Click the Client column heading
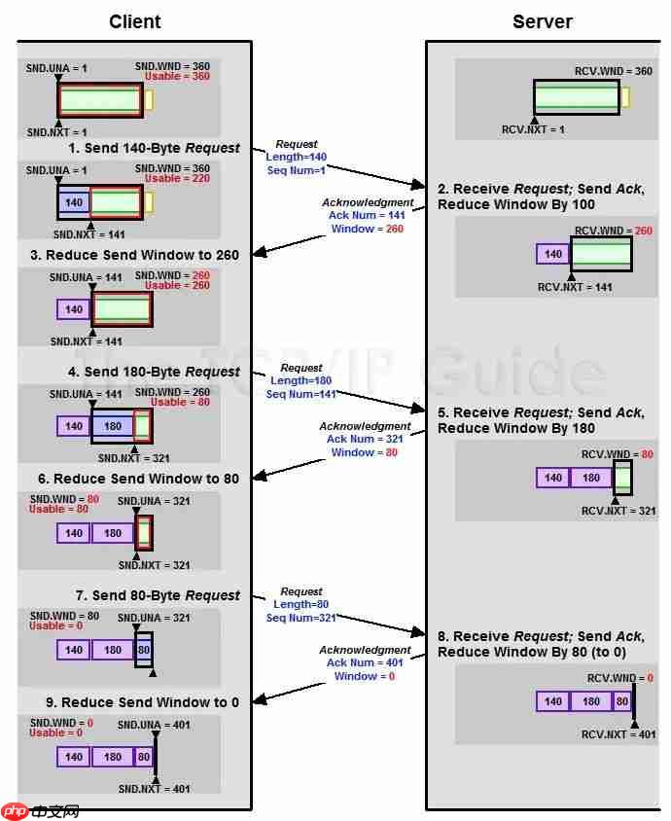tap(134, 21)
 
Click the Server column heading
tap(543, 21)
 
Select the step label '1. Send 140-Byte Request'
tap(154, 148)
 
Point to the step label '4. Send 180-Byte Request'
tap(154, 372)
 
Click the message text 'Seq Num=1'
tap(296, 170)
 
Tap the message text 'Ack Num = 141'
tap(367, 216)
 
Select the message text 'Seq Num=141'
tap(300, 394)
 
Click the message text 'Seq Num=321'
tap(300, 618)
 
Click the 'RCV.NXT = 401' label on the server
tap(618, 734)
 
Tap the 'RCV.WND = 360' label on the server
tap(614, 71)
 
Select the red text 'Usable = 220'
tap(177, 179)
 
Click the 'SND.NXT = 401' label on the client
tap(154, 789)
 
